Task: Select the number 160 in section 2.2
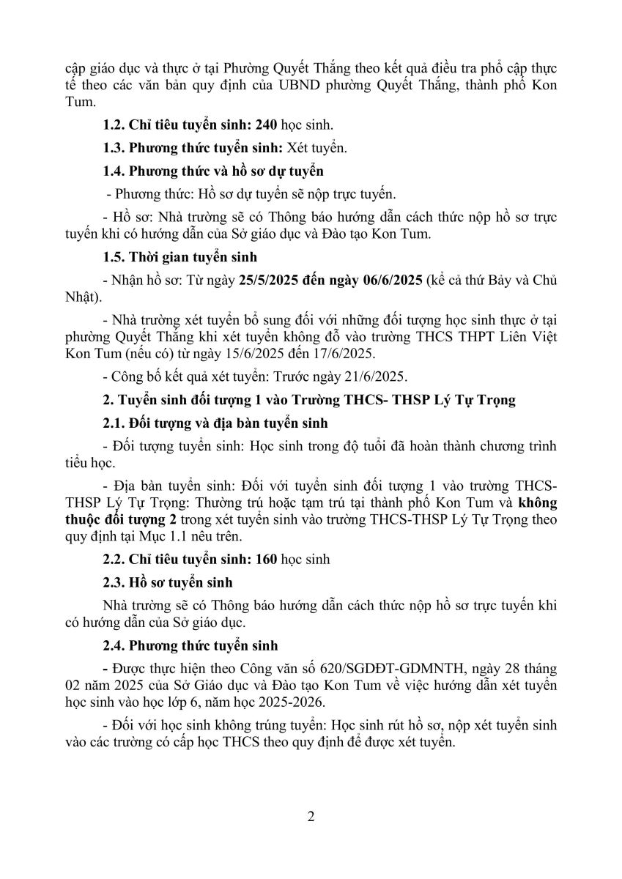[263, 560]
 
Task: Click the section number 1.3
[114, 148]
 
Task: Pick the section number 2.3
[114, 582]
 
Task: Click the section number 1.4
[114, 172]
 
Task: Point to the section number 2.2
[114, 560]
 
